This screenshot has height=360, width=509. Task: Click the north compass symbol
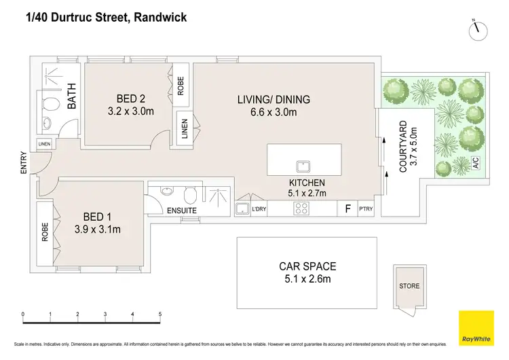pos(480,29)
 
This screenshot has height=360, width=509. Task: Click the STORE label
pos(409,285)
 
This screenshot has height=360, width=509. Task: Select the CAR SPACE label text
pos(307,266)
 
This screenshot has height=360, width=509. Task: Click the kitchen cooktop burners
pos(301,209)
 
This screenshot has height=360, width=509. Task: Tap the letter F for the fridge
pos(348,209)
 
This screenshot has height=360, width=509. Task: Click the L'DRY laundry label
pos(259,210)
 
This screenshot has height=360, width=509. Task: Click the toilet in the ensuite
pos(193,196)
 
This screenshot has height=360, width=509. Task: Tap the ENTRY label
pos(24,164)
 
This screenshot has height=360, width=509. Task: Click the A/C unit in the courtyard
pos(475,163)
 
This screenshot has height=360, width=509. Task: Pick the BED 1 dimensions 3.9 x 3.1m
pos(98,229)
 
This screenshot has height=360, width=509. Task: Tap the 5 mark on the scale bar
pos(160,314)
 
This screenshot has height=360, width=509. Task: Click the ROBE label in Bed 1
pos(45,233)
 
